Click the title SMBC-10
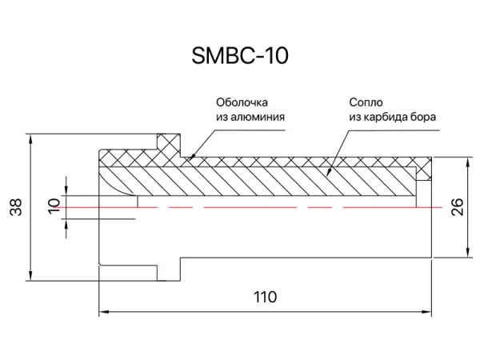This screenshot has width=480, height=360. click(x=240, y=56)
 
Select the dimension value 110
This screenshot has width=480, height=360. click(x=265, y=297)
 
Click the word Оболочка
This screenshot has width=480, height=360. click(x=241, y=102)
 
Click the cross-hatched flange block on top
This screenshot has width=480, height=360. click(x=168, y=146)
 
